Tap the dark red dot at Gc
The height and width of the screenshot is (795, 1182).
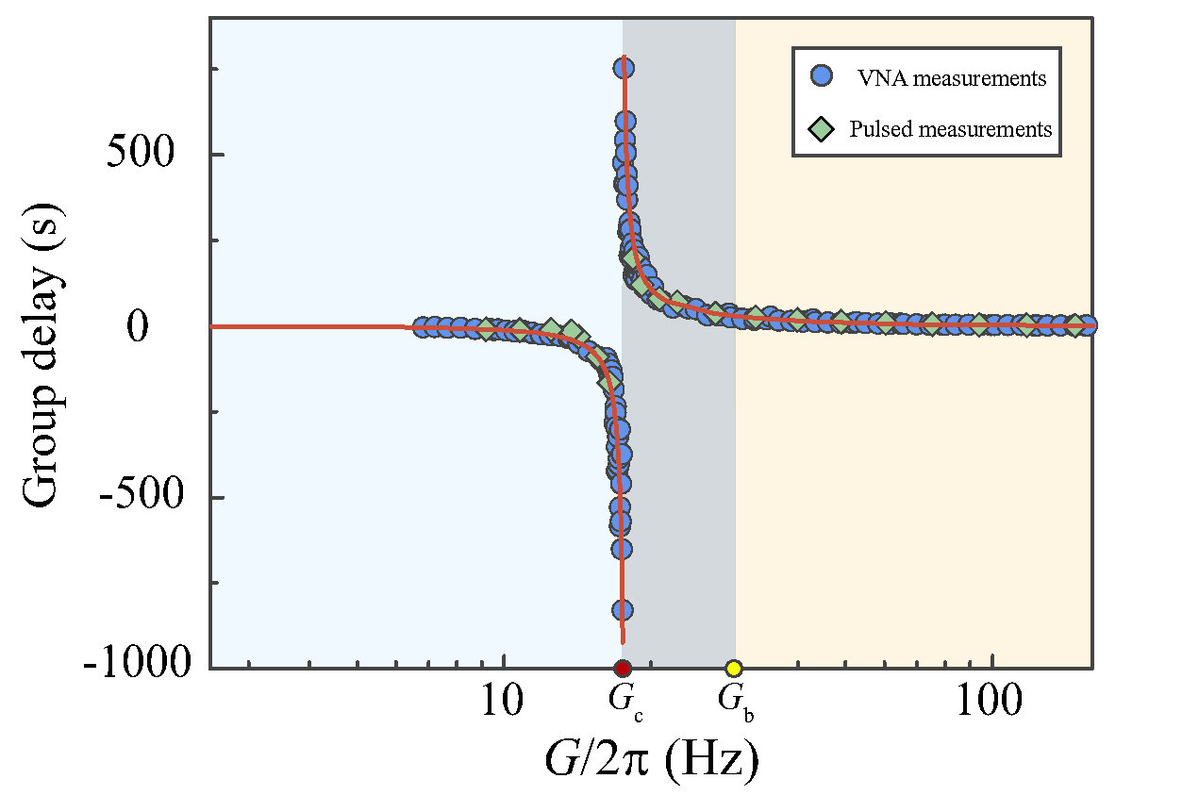(x=623, y=669)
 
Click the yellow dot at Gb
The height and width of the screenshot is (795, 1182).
(x=734, y=669)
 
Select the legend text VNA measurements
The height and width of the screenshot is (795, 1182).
(x=951, y=78)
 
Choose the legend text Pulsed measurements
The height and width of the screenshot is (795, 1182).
(x=951, y=129)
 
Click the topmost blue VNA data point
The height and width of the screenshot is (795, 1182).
(x=624, y=68)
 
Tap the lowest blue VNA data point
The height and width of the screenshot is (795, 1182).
(x=623, y=609)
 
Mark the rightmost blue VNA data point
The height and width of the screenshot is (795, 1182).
(x=1087, y=325)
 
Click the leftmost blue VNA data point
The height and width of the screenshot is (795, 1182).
(x=422, y=326)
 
